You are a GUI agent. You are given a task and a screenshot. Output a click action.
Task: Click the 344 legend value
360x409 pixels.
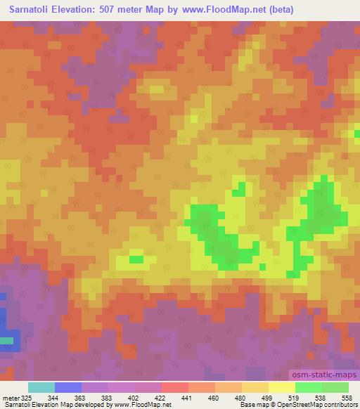click(x=55, y=397)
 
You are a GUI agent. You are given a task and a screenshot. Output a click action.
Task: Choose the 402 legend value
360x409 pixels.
click(x=135, y=397)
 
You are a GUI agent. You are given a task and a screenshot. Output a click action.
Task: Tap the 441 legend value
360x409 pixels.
click(x=188, y=397)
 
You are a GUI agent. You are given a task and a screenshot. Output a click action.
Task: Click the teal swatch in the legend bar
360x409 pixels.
click(x=41, y=387)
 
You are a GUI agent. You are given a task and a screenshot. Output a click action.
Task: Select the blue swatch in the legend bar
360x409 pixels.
click(x=68, y=387)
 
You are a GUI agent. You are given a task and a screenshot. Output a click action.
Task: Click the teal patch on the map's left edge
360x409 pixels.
click(x=6, y=342)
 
